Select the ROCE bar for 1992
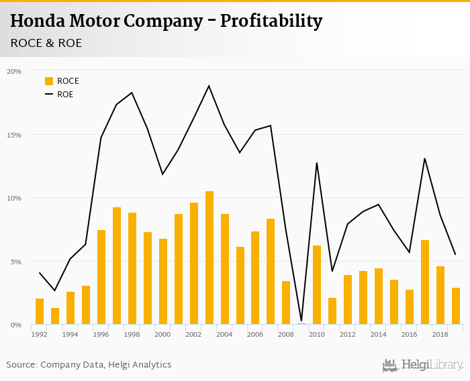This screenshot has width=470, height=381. pos(40,312)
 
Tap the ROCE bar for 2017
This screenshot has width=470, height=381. pos(425,282)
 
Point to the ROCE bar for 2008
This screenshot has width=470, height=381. pos(286,303)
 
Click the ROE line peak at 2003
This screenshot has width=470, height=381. pos(209,86)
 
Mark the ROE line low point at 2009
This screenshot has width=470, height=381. pos(301,321)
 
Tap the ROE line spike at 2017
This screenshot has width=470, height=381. pos(425,158)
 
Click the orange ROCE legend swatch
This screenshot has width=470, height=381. pos(49,81)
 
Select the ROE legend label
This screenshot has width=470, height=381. pos(65,95)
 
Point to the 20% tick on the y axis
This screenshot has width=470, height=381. pos(14,71)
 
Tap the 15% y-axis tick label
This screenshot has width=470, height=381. pos(14,135)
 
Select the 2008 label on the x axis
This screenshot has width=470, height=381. pos(286,333)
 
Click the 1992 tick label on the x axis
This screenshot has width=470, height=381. pos(40,333)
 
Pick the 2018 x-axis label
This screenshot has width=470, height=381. pos(440,333)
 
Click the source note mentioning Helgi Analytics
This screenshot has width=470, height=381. pos(89,365)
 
